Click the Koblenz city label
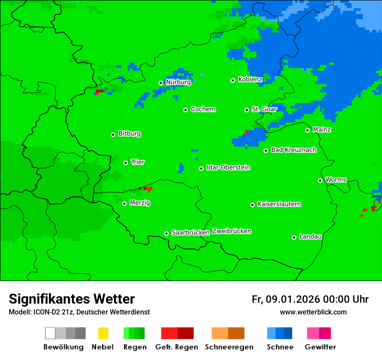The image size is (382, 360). tap(250, 79)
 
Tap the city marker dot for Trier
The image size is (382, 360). tap(125, 163)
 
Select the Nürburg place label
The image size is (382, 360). tap(178, 82)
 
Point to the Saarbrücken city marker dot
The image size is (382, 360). tap(166, 233)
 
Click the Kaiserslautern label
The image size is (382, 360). tap(279, 204)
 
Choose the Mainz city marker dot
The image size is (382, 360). tap(307, 130)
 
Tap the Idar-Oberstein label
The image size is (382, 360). tap(228, 167)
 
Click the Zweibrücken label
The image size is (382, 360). tap(231, 231)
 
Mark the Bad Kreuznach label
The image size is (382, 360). tap(293, 150)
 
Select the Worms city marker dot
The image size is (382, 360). tap(320, 180)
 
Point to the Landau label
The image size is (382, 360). tap(310, 236)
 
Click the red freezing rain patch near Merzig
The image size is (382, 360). tap(148, 189)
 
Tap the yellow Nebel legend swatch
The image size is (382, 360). tap(103, 333)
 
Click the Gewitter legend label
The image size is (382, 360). tap(320, 347)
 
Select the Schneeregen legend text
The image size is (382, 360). tap(229, 347)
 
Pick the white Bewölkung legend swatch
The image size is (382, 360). tap(50, 333)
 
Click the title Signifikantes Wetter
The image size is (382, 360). tap(72, 299)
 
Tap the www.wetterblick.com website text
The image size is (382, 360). tap(313, 312)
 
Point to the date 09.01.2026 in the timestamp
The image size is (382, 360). tap(293, 299)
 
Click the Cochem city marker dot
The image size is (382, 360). tap(185, 110)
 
